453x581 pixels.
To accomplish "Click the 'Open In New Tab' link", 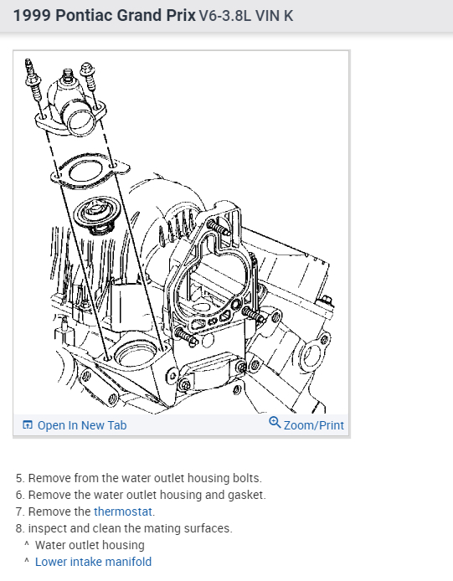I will [81, 425].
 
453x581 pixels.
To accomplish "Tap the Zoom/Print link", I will [313, 425].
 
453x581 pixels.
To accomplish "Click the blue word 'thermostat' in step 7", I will [124, 512].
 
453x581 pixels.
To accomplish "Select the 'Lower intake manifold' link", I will [93, 562].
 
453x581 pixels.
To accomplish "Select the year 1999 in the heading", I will [28, 16].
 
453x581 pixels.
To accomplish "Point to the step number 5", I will [19, 478].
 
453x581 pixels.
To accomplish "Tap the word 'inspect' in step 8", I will [48, 528].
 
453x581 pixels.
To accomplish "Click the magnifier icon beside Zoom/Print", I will [275, 424].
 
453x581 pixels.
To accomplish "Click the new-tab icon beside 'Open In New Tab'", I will [28, 425].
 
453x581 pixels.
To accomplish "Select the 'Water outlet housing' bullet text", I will [90, 545].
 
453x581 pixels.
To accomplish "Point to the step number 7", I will [19, 512].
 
